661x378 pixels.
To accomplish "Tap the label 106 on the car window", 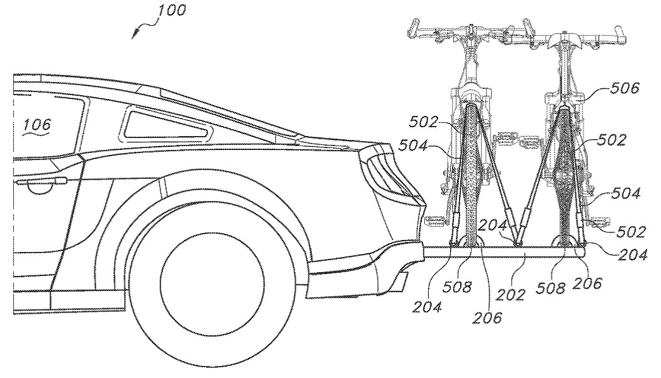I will pyautogui.click(x=37, y=125).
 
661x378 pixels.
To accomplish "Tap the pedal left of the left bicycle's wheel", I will pyautogui.click(x=436, y=222).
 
